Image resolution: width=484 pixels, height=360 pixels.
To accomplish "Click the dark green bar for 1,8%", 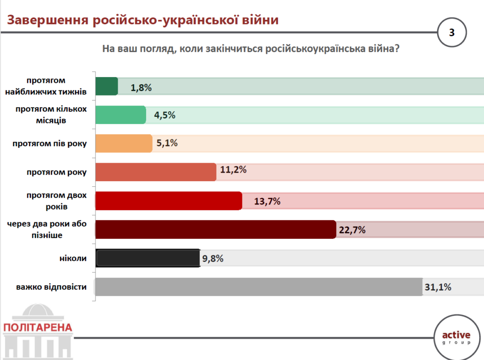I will [x=107, y=87].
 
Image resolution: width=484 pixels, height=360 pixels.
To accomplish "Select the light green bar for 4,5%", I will [x=121, y=115].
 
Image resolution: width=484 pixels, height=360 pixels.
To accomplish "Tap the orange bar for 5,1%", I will [x=124, y=143].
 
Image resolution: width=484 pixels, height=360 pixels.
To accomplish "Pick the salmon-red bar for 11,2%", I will [x=156, y=172].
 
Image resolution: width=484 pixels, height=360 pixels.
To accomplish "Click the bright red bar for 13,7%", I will [x=169, y=201].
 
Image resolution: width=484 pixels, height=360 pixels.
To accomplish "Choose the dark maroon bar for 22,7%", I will [x=216, y=229].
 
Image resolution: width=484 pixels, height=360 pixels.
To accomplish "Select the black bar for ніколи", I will [x=148, y=258].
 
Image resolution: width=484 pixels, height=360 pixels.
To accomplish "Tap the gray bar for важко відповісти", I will [x=259, y=287].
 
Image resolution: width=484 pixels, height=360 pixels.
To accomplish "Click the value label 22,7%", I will [x=353, y=230].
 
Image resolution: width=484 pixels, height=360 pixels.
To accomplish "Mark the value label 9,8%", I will [x=212, y=258].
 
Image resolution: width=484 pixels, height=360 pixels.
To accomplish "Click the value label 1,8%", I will [x=141, y=87].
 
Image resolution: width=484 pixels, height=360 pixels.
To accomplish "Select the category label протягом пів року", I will [x=50, y=143].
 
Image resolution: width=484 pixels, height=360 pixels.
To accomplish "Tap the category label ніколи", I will [x=74, y=258].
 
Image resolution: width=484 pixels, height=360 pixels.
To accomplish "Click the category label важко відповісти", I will [x=51, y=287].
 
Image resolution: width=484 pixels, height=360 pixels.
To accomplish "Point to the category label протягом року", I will [x=57, y=172].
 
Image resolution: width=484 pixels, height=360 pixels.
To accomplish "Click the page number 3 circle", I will [x=451, y=33].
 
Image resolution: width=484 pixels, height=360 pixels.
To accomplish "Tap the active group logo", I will [x=456, y=337].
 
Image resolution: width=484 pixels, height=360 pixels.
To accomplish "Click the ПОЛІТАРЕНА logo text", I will [x=37, y=327].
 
